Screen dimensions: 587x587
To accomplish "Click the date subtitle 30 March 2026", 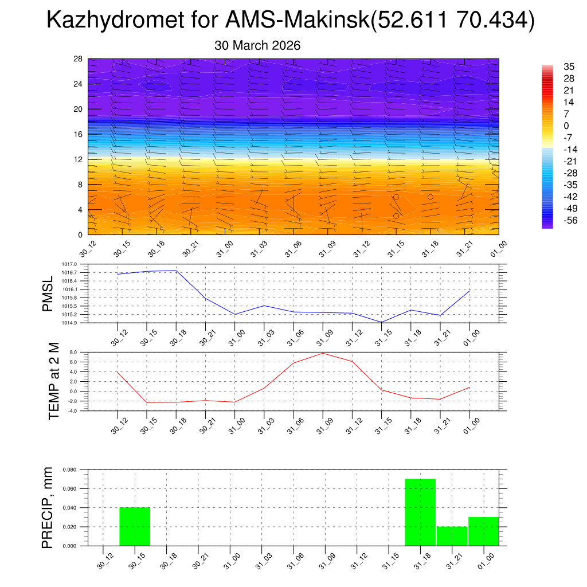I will tap(257, 45).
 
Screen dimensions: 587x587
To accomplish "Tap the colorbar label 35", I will tap(553, 66).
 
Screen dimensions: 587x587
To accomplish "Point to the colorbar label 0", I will tap(550, 126).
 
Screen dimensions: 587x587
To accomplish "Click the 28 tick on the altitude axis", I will tap(78, 59).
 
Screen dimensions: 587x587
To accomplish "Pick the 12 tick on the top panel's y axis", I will tap(78, 159).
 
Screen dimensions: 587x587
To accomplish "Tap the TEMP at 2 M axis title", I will tap(53, 381).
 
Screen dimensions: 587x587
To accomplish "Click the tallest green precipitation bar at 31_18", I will tap(420, 512).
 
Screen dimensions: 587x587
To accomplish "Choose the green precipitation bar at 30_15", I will tap(135, 526).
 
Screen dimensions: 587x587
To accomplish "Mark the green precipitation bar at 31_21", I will tap(452, 536).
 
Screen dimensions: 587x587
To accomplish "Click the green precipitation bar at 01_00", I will tap(483, 531).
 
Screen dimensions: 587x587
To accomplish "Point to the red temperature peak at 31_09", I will tap(323, 353).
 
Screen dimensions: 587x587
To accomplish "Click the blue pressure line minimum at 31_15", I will tap(381, 322).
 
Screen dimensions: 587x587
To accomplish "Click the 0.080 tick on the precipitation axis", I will tap(69, 470).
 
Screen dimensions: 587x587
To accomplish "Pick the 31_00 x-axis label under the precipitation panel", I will tap(232, 559).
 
